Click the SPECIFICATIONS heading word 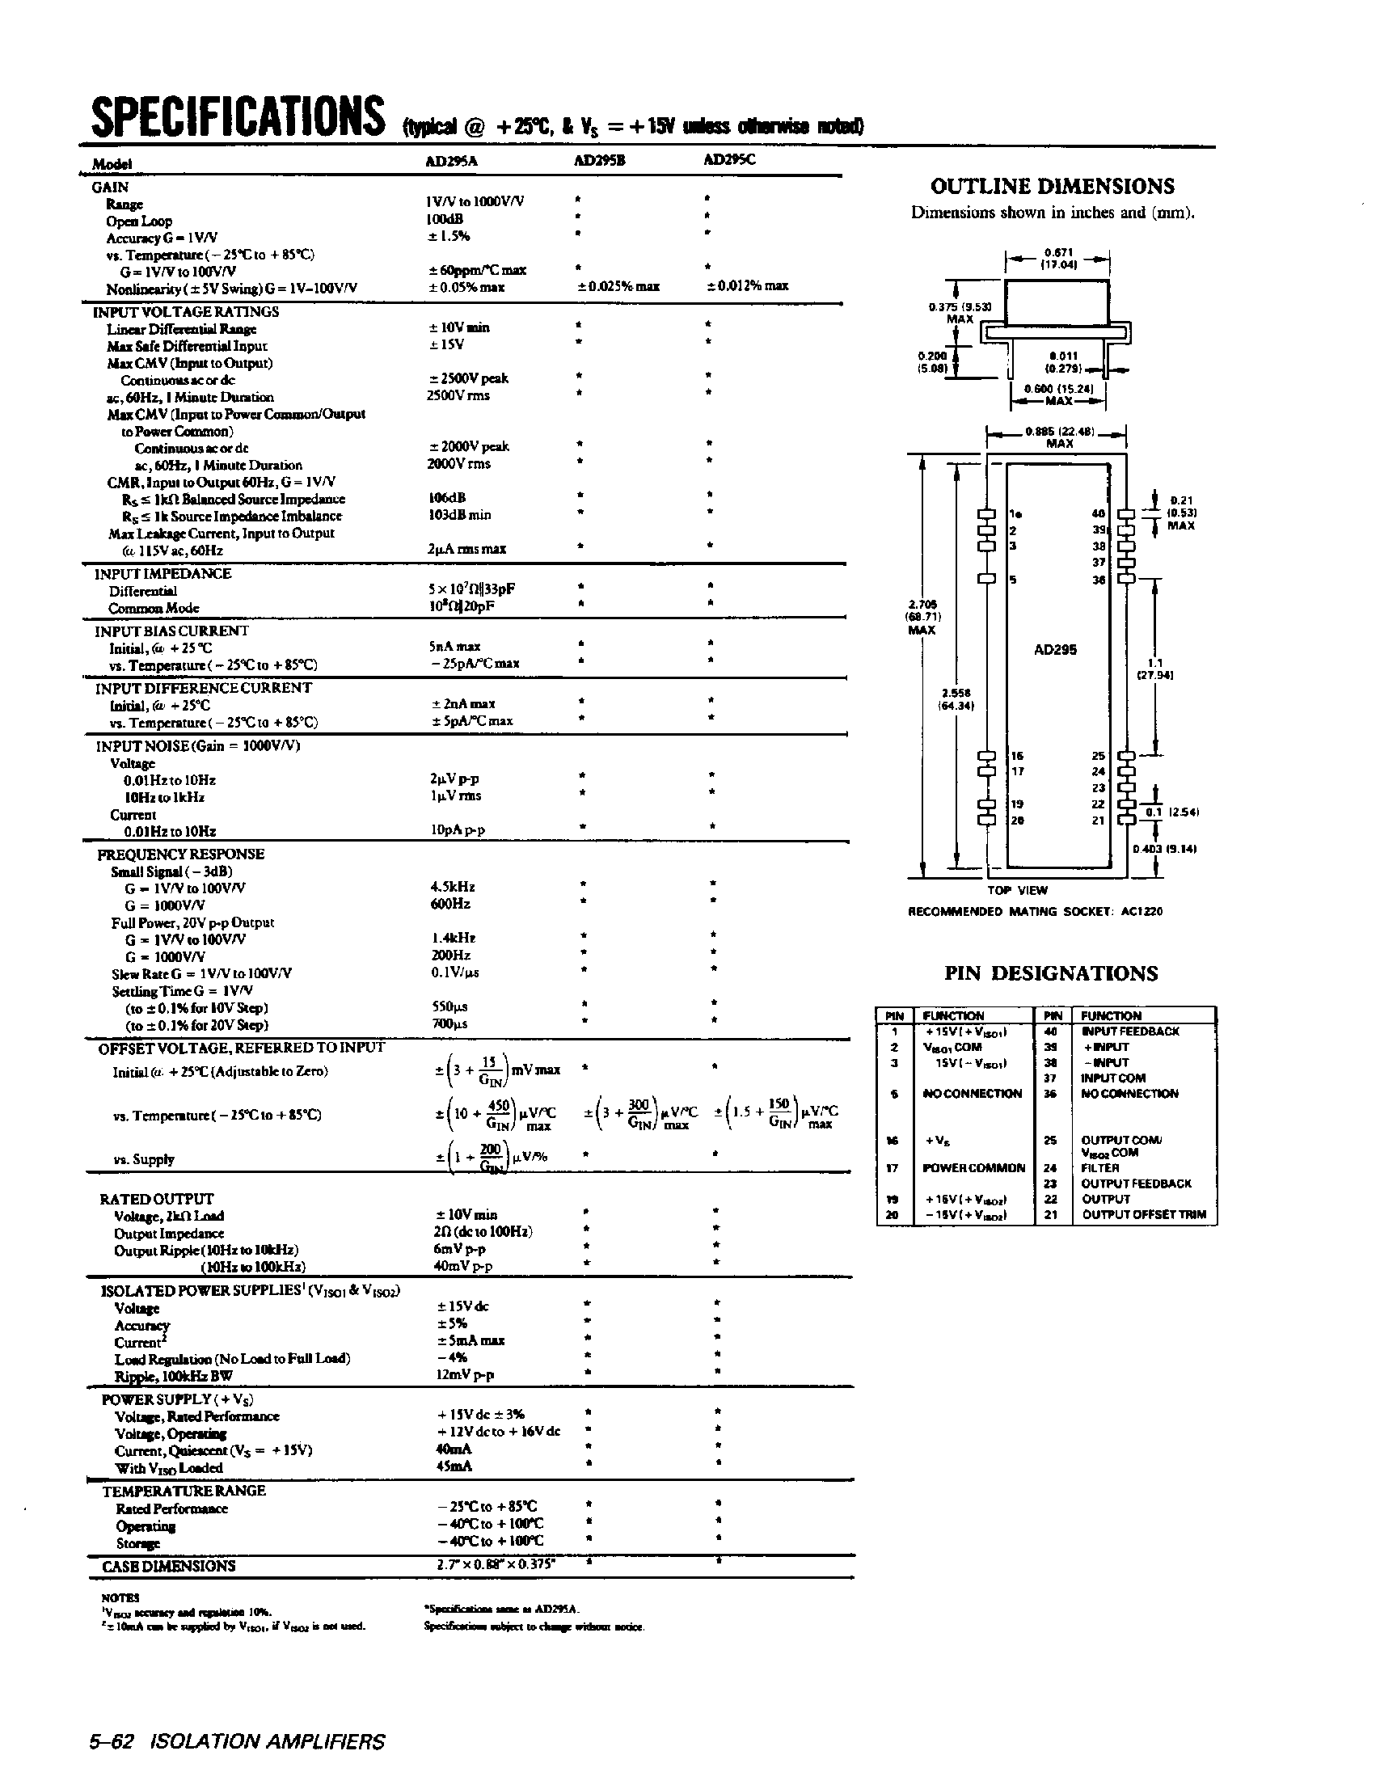(237, 116)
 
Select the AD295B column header (599, 161)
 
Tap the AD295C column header (730, 160)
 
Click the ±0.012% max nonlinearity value (747, 286)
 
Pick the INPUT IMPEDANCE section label (163, 573)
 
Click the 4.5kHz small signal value (452, 887)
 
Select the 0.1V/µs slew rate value (455, 973)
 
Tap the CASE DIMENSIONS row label (168, 1566)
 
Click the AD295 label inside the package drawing (1055, 650)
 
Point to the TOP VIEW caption (1017, 890)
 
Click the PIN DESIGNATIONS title (1051, 973)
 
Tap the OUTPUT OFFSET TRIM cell (1144, 1215)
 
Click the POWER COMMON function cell (974, 1167)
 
